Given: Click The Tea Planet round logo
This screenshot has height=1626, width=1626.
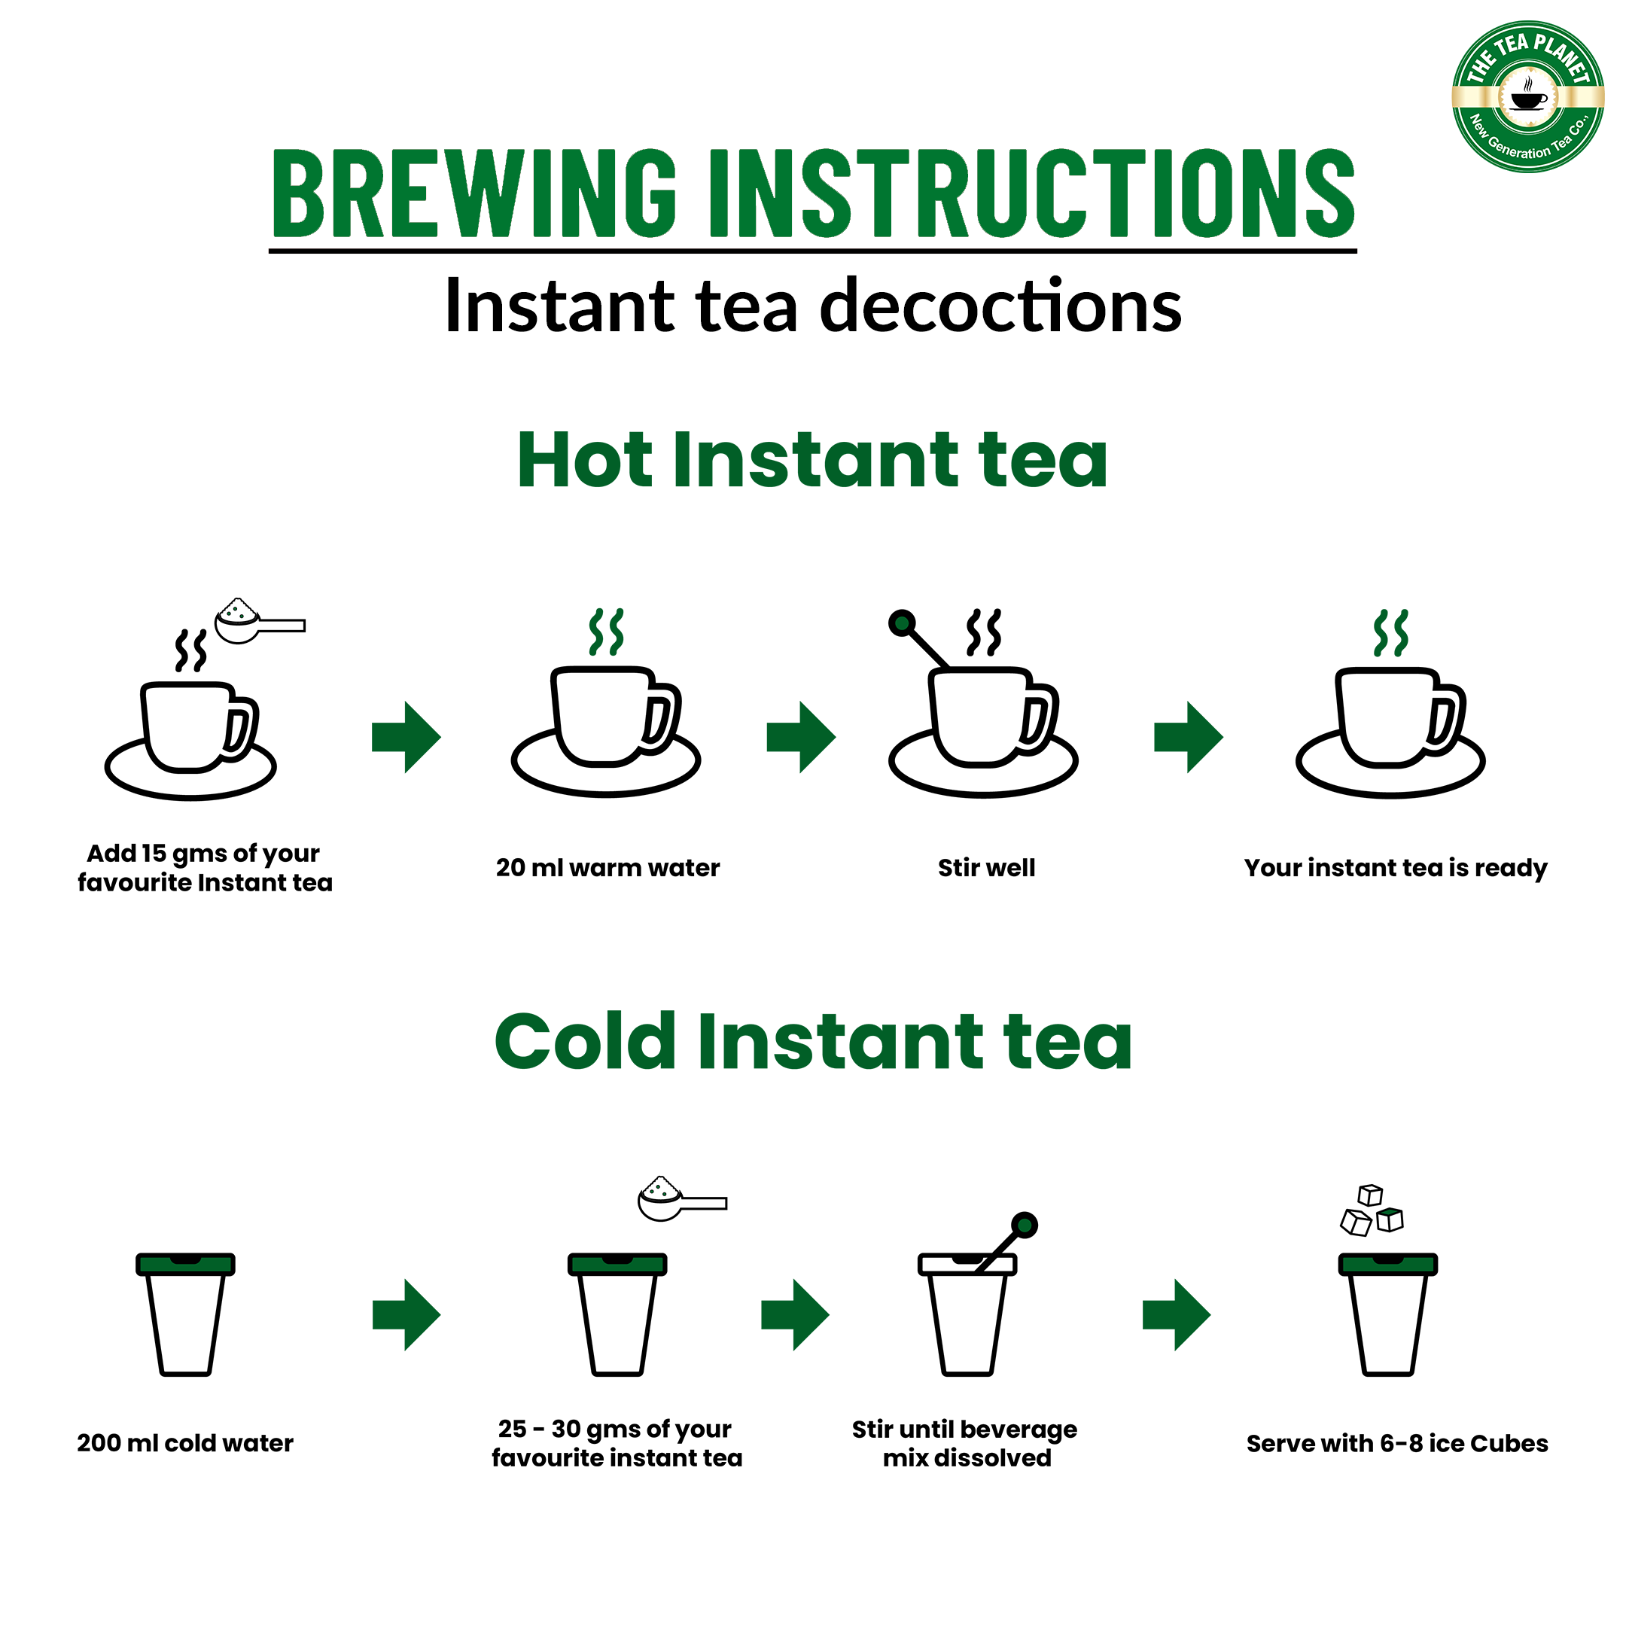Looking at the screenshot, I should coord(1527,97).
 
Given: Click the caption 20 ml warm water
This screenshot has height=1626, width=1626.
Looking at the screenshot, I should coord(607,868).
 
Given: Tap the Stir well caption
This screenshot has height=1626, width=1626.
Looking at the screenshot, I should coord(986,868).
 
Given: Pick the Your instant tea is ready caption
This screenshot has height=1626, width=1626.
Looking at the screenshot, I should coord(1396,868).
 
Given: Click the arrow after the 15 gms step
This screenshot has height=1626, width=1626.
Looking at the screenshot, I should coord(406,736).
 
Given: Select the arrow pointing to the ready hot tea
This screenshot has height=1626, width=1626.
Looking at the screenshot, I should coord(1189,736).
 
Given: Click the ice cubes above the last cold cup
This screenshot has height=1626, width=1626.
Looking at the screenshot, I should coord(1371,1210).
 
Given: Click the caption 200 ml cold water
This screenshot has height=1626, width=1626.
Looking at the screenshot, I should coord(185,1443).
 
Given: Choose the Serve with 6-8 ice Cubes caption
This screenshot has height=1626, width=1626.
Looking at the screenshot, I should coord(1397,1443).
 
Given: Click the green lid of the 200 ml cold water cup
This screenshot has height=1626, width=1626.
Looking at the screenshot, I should coord(185,1264).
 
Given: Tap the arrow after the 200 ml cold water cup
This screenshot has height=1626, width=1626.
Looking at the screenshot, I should coord(406,1314).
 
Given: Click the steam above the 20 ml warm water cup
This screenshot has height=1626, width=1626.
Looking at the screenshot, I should coord(606,632).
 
